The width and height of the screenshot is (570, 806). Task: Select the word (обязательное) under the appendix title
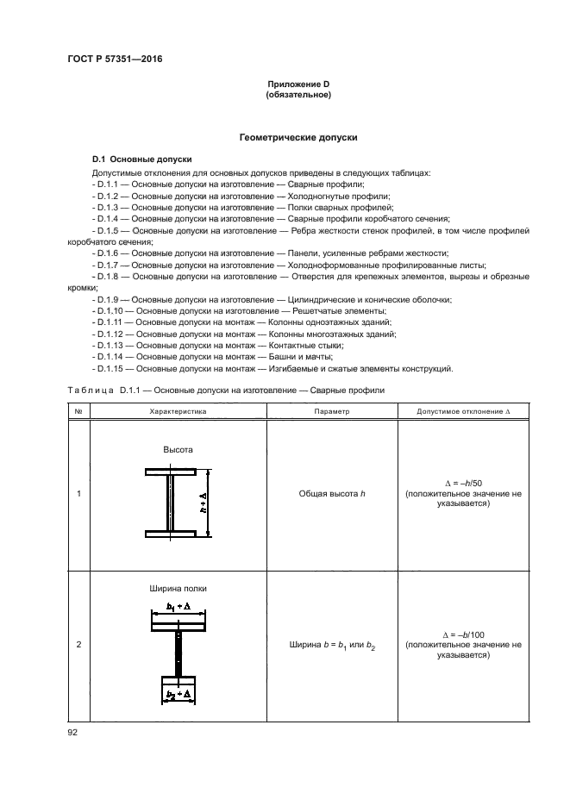[x=298, y=94]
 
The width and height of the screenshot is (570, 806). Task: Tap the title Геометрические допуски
[x=298, y=137]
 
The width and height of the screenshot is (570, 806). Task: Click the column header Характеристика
[x=179, y=412]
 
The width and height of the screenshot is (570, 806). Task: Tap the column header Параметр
[x=331, y=412]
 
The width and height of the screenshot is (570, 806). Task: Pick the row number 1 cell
[x=78, y=494]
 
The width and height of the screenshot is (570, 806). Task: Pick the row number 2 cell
[x=78, y=645]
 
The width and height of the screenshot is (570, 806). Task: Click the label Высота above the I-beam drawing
[x=178, y=450]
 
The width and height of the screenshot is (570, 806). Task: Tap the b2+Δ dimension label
[x=179, y=694]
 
